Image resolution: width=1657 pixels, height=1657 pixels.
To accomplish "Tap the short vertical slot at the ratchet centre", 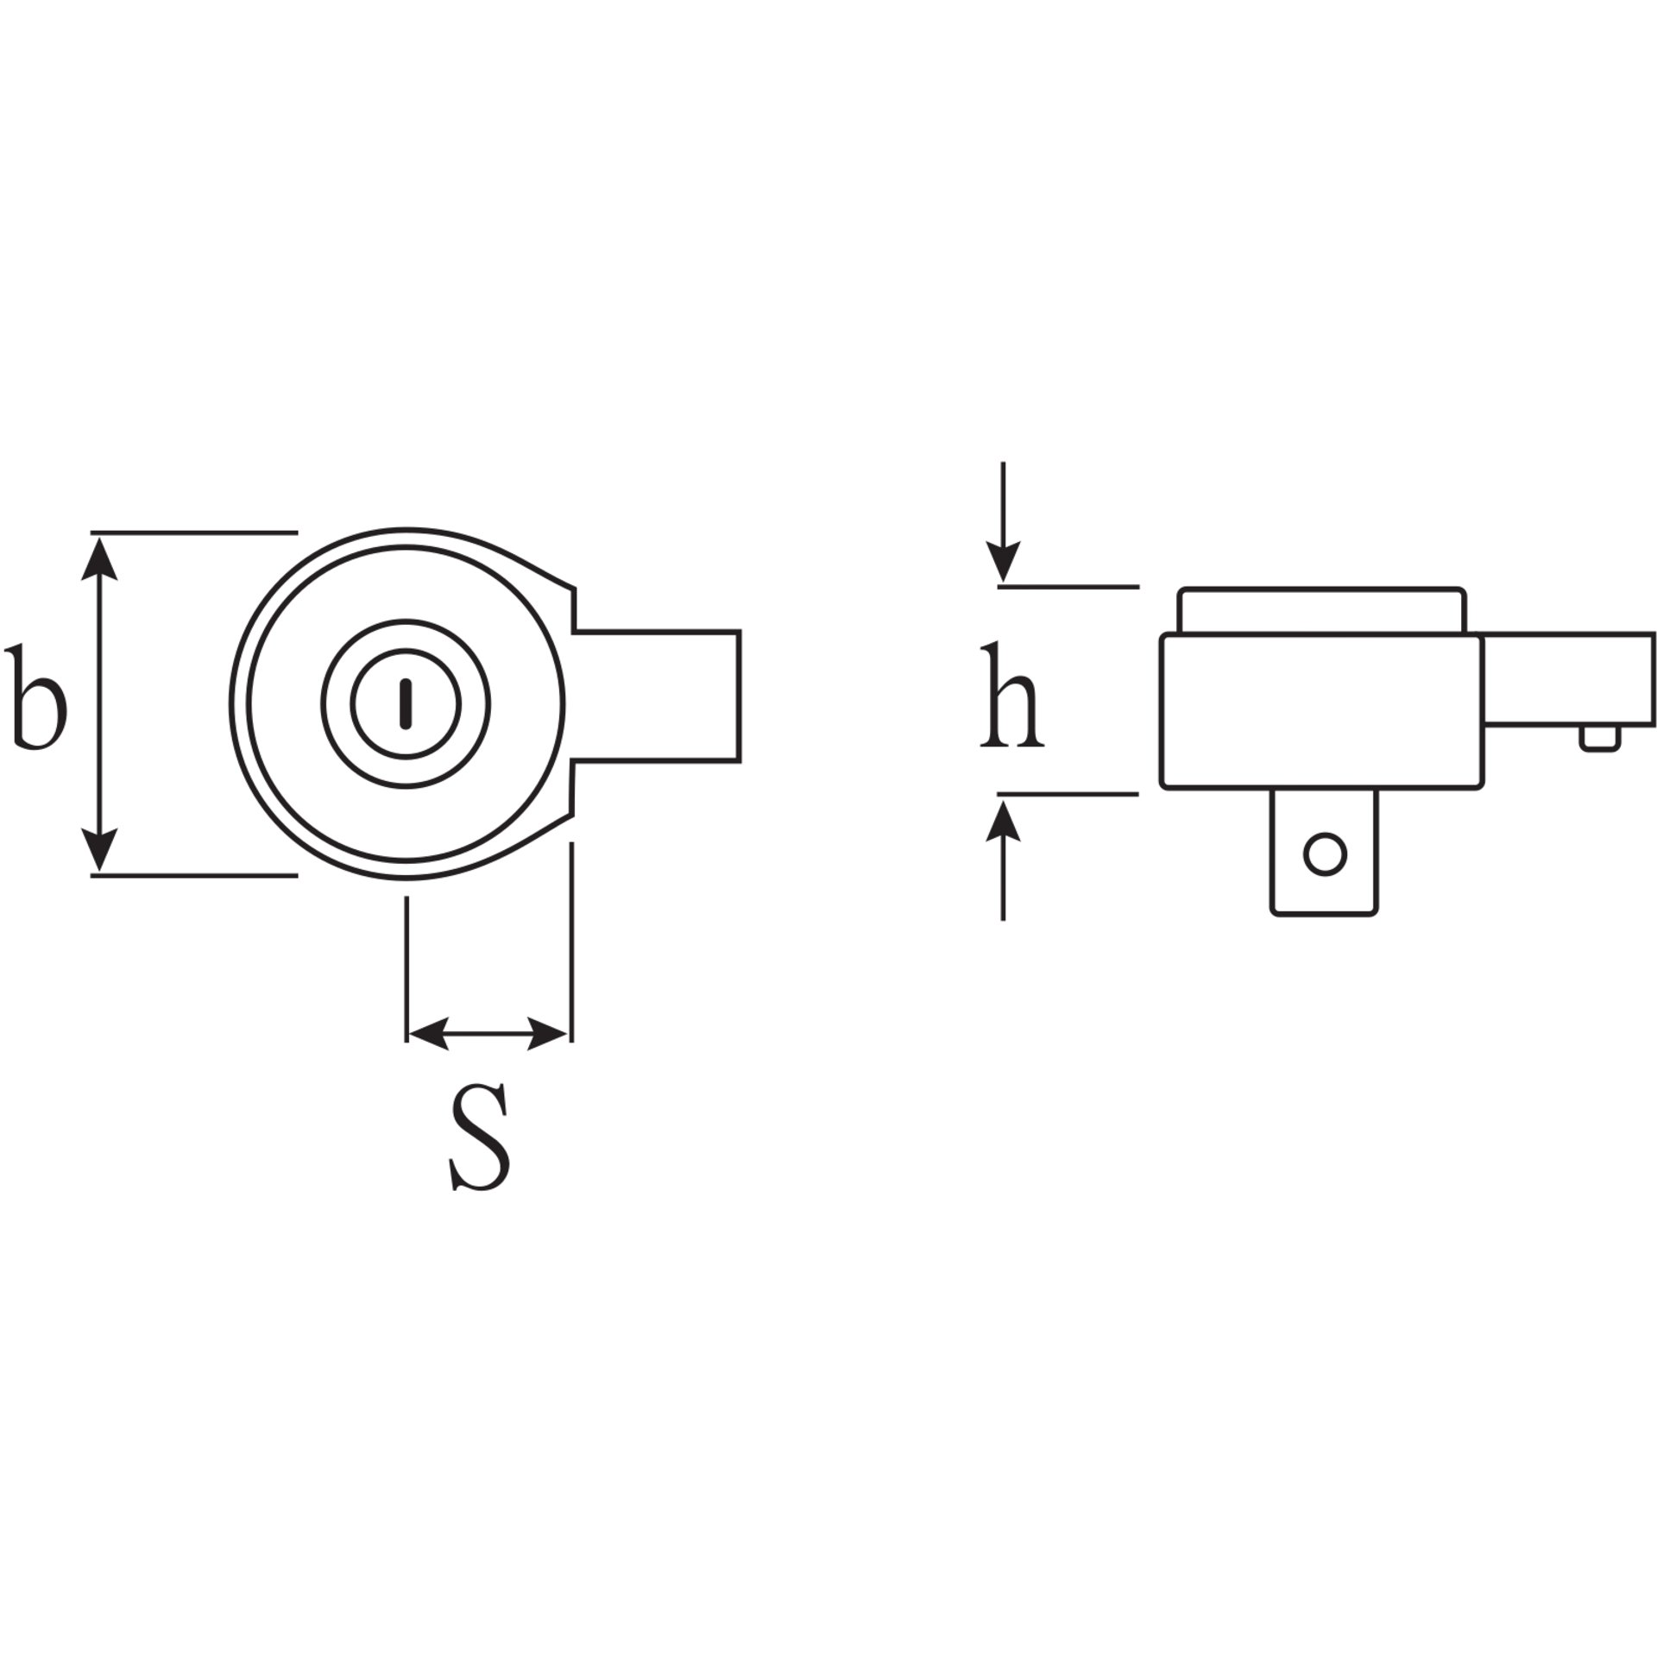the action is [x=406, y=703].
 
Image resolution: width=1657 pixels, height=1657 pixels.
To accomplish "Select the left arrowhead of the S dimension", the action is [x=429, y=1033].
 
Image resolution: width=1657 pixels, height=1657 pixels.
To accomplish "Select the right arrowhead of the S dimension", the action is [x=548, y=1033].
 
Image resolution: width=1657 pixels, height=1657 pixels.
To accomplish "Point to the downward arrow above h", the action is [x=1003, y=522].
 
